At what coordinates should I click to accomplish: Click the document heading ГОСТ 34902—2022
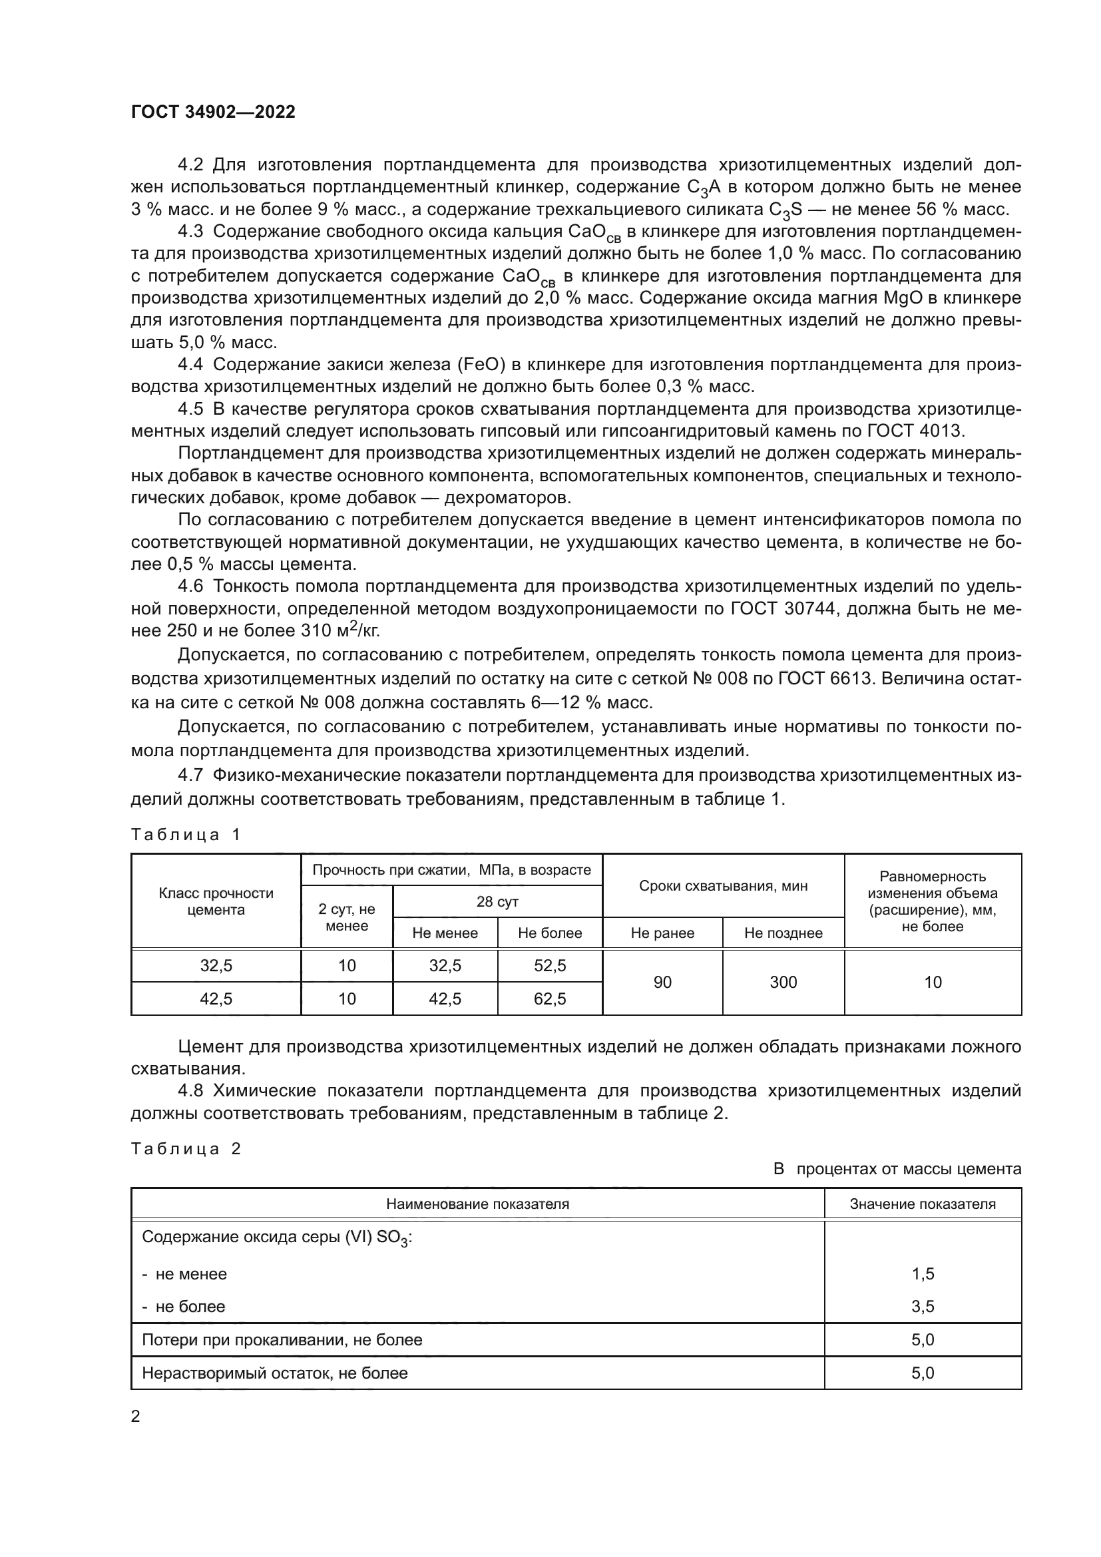(x=214, y=112)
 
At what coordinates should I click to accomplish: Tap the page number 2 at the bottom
(x=136, y=1416)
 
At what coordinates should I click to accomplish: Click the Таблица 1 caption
(x=186, y=835)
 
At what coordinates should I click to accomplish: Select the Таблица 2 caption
(x=186, y=1149)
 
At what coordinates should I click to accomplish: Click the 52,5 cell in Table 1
(x=550, y=966)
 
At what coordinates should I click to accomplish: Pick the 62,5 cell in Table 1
(x=550, y=999)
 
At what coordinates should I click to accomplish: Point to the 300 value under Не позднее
(x=783, y=982)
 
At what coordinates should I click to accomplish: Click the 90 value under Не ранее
(x=662, y=982)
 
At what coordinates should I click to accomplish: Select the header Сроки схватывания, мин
(x=724, y=885)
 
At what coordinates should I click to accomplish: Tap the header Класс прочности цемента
(x=216, y=901)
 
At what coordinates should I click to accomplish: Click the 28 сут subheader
(x=497, y=901)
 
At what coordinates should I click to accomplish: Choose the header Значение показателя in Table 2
(x=923, y=1204)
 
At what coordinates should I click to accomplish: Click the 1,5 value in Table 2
(x=923, y=1274)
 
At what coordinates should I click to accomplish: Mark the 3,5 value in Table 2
(x=923, y=1307)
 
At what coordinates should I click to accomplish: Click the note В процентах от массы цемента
(x=897, y=1169)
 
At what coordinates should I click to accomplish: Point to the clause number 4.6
(x=190, y=586)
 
